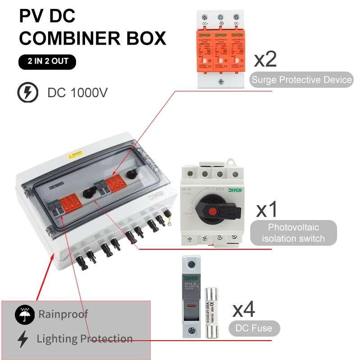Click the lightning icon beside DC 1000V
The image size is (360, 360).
click(27, 93)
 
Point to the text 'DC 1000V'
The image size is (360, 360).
click(77, 93)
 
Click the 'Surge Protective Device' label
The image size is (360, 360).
click(301, 80)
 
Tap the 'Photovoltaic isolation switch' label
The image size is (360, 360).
click(293, 233)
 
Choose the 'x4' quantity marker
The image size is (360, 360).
click(243, 310)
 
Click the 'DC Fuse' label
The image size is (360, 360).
click(254, 328)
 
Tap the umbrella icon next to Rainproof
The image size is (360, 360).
click(24, 315)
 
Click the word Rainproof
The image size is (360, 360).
click(63, 314)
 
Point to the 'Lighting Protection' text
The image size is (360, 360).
click(85, 339)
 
